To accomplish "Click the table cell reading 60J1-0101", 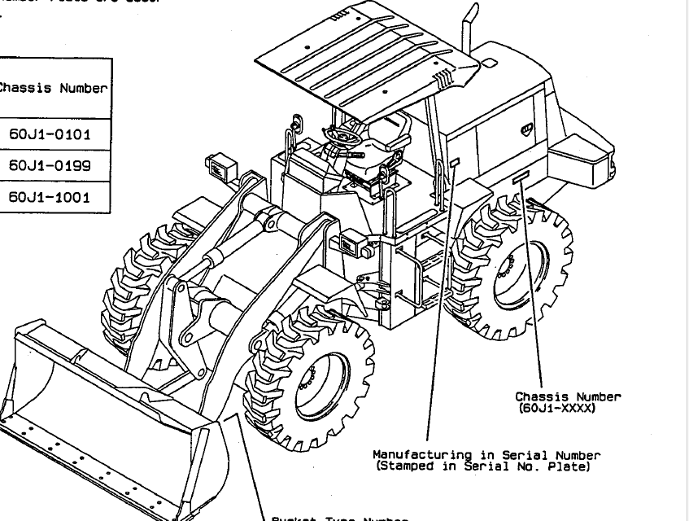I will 50,134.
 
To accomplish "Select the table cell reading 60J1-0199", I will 50,165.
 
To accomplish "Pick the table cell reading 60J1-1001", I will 50,197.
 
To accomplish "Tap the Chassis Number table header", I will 53,88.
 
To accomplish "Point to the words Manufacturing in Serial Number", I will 486,455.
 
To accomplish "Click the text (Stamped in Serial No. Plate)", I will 482,466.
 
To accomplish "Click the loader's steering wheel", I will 342,134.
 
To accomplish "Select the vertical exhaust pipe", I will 469,33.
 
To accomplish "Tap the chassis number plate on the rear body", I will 521,177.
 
